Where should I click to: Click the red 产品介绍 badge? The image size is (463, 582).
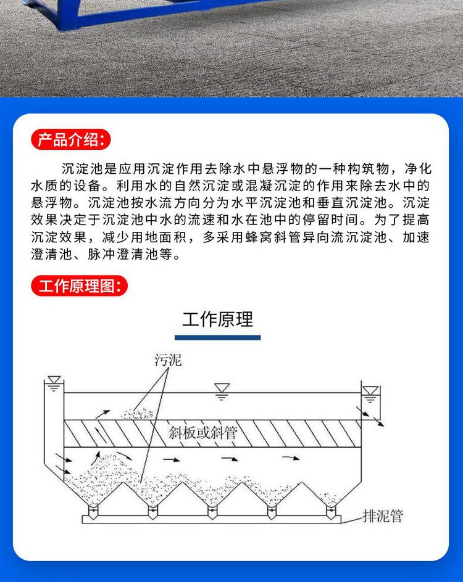point(70,139)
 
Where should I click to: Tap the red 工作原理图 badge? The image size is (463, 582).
point(79,286)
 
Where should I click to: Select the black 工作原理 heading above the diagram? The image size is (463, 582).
point(217,319)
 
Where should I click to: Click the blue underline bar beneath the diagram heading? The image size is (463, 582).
point(217,337)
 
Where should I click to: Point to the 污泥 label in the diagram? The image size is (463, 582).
point(168,360)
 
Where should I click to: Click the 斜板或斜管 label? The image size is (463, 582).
point(203,433)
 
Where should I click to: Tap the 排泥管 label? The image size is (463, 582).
point(383,516)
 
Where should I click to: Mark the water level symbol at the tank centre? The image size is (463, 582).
point(222,391)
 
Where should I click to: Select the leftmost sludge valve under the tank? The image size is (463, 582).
point(93,512)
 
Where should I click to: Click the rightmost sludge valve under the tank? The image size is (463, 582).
point(331,512)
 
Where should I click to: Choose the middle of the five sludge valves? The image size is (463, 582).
point(212,512)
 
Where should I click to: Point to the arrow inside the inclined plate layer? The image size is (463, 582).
point(101,436)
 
